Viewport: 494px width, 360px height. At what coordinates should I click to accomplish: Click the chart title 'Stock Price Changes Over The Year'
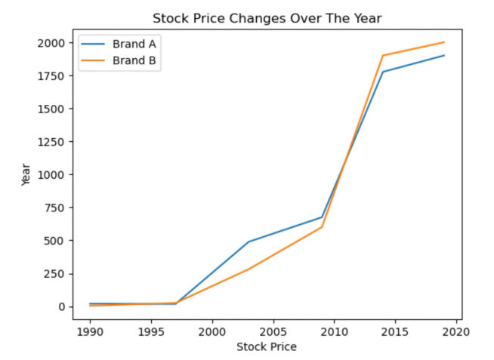point(267,18)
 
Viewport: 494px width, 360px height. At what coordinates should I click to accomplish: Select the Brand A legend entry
point(134,44)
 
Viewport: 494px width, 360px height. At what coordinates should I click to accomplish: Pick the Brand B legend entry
point(134,60)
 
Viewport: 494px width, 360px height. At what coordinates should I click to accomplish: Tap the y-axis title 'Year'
point(26,175)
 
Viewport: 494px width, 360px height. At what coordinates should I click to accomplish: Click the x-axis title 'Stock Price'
point(267,347)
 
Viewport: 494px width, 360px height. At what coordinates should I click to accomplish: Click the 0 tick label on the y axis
point(62,306)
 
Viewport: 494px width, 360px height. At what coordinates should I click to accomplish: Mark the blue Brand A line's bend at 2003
point(249,242)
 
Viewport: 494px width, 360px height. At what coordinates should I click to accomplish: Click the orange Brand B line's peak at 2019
point(444,42)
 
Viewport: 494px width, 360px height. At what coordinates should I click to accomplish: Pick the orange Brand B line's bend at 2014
point(383,55)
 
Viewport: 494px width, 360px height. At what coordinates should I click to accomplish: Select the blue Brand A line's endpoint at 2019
point(444,55)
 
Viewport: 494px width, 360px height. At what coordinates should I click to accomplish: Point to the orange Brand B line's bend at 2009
point(322,227)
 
